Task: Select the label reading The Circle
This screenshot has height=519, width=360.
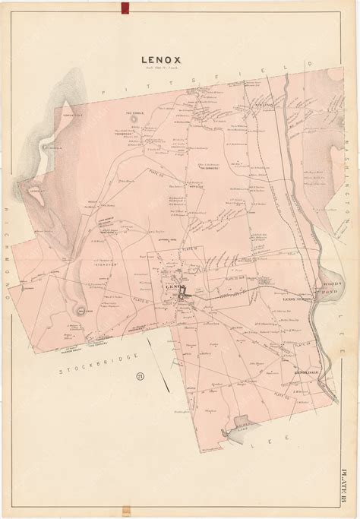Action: point(134,112)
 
